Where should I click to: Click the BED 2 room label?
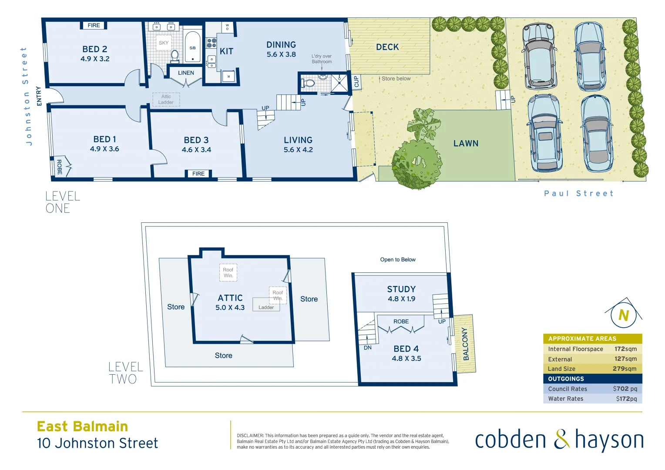tap(95, 50)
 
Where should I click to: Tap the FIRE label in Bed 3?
tap(198, 174)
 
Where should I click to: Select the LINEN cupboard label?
tap(186, 73)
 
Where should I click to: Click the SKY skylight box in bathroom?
tap(164, 43)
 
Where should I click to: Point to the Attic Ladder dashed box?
tap(166, 100)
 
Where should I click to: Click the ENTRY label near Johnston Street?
tap(39, 96)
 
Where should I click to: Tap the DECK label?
tap(387, 47)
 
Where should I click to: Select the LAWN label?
tap(466, 144)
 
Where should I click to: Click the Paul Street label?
tap(578, 193)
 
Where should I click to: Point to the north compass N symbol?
tap(624, 315)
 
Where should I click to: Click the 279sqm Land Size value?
tap(624, 369)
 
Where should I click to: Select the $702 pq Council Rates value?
tap(625, 389)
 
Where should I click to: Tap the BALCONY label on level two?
tap(466, 344)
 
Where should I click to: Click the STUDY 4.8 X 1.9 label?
tap(401, 294)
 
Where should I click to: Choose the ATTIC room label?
tap(230, 298)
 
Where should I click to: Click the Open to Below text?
tap(398, 260)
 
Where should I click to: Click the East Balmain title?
tap(82, 426)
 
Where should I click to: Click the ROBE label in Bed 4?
tap(401, 322)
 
